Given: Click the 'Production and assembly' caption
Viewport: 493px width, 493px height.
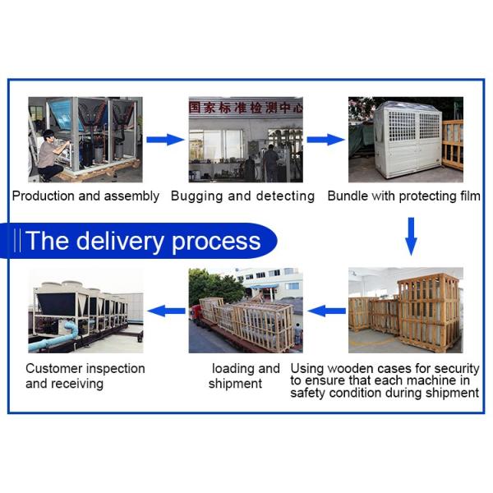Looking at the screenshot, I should pyautogui.click(x=85, y=196).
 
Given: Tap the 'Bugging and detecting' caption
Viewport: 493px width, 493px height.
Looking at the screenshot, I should pyautogui.click(x=242, y=196).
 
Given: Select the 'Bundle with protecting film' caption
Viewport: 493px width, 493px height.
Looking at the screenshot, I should pyautogui.click(x=403, y=196).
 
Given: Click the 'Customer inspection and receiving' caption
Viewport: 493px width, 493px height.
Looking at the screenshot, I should pyautogui.click(x=85, y=376).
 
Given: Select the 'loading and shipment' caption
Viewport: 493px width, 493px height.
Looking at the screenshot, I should pyautogui.click(x=245, y=376).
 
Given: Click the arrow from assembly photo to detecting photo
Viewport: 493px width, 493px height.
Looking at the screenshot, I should pyautogui.click(x=165, y=140).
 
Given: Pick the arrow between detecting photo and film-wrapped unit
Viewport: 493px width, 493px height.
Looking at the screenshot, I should pyautogui.click(x=325, y=140).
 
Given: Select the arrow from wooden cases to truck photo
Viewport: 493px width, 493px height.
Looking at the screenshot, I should pyautogui.click(x=326, y=311).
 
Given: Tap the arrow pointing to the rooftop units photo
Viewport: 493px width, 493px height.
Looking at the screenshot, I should pyautogui.click(x=167, y=311).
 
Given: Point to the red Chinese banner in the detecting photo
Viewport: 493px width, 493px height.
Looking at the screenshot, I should pyautogui.click(x=245, y=107).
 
